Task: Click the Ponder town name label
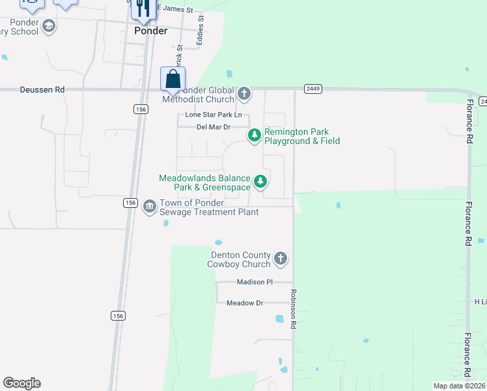[x=150, y=31]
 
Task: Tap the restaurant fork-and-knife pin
[x=141, y=8]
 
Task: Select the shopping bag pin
[x=173, y=80]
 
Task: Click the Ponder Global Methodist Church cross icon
[x=244, y=94]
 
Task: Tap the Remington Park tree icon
[x=254, y=136]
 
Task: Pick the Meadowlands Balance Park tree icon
[x=260, y=181]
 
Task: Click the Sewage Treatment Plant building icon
[x=149, y=207]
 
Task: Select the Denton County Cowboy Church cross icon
[x=281, y=259]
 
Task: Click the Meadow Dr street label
[x=244, y=303]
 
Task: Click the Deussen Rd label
[x=42, y=90]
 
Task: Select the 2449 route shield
[x=313, y=89]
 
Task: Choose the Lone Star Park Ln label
[x=214, y=115]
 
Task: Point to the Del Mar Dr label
[x=214, y=127]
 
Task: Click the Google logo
[x=21, y=383]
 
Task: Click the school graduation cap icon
[x=48, y=26]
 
